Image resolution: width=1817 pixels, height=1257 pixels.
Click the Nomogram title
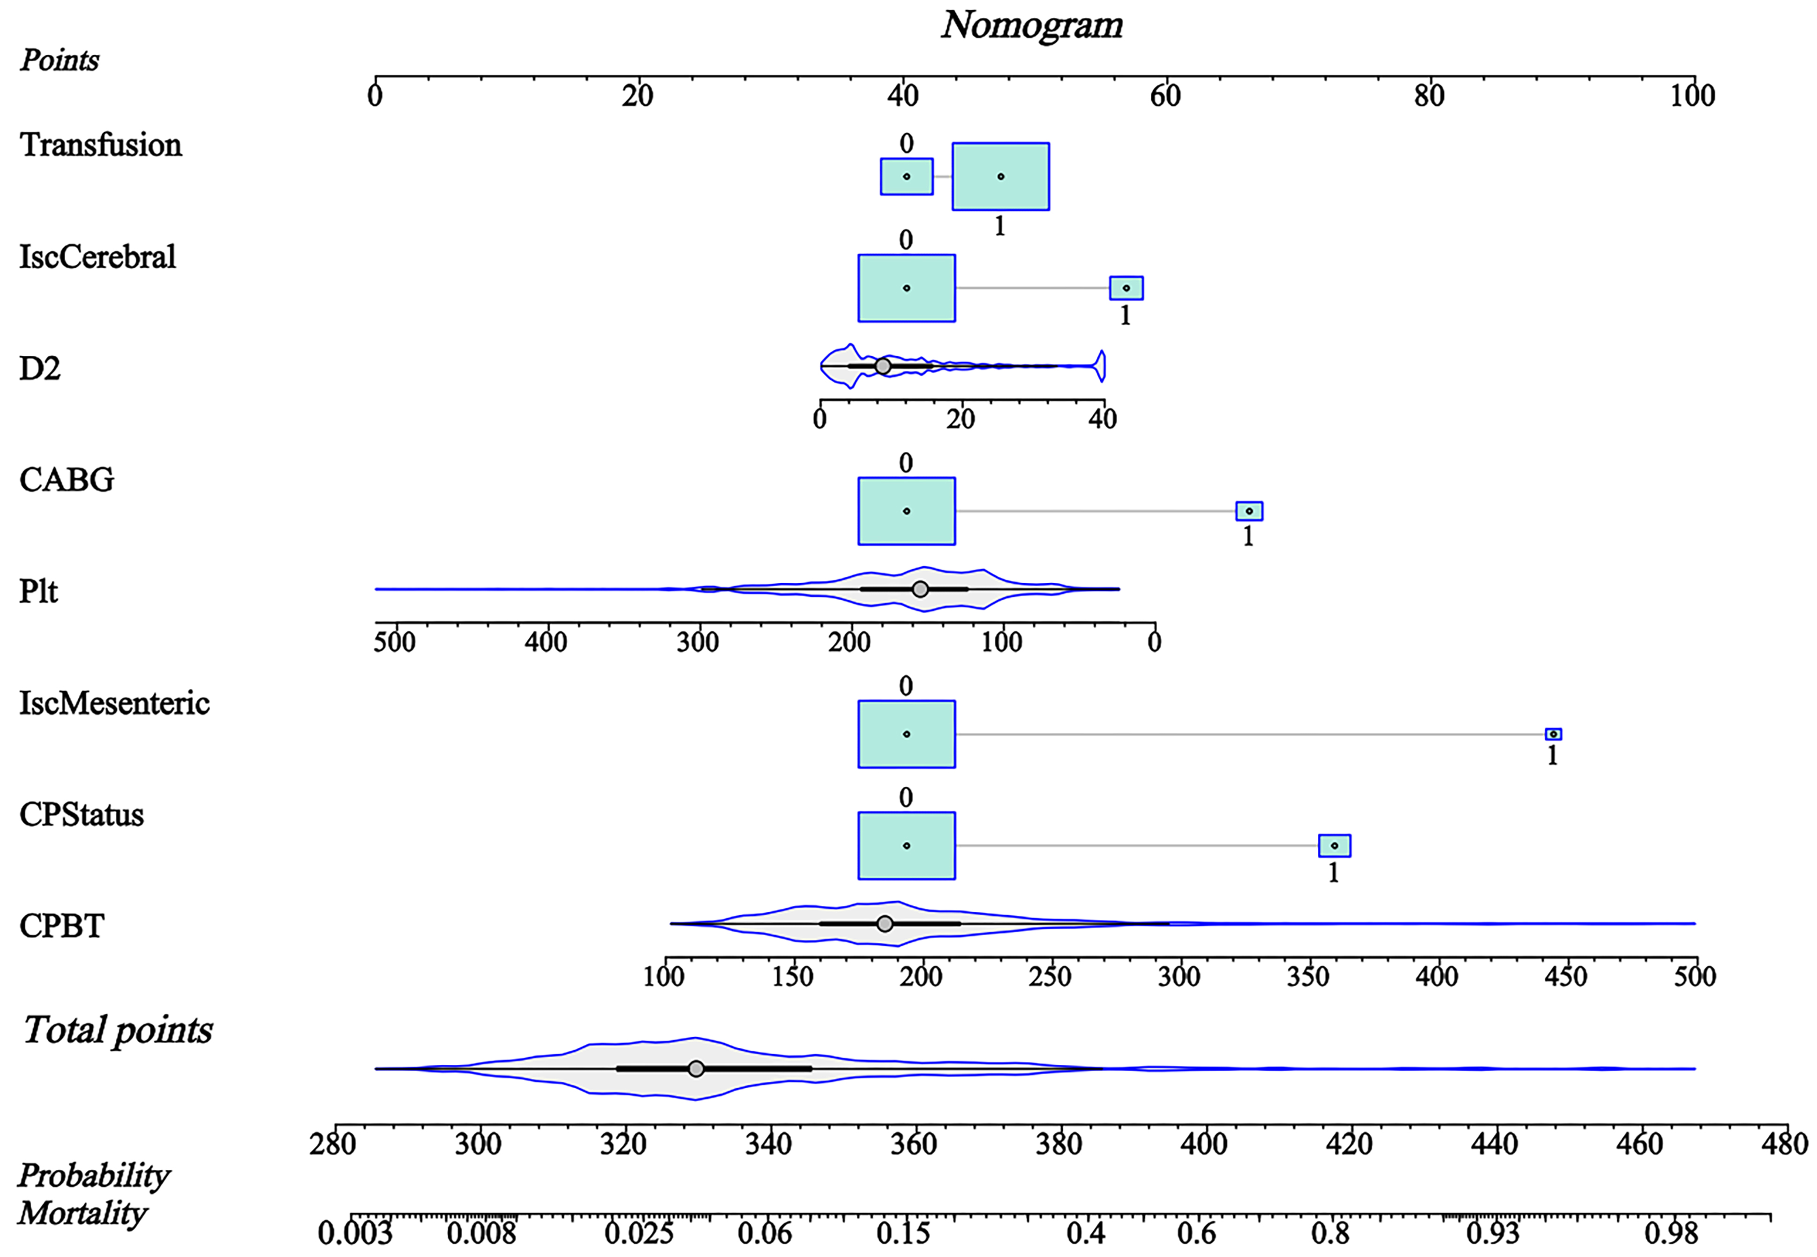(x=1032, y=25)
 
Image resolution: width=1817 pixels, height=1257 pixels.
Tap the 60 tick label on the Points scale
(x=1165, y=96)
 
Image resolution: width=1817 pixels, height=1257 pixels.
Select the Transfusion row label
(x=101, y=145)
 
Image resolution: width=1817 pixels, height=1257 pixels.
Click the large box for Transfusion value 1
(x=1000, y=176)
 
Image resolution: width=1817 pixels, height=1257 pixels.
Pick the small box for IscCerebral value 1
(x=1126, y=288)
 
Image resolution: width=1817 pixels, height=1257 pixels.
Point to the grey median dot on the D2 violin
(x=883, y=366)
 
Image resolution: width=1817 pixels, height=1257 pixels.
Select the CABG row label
(x=67, y=480)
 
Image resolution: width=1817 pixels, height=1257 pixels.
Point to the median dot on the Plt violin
(x=920, y=589)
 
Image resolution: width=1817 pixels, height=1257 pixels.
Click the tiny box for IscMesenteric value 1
(x=1553, y=734)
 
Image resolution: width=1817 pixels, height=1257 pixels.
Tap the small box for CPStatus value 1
(x=1335, y=846)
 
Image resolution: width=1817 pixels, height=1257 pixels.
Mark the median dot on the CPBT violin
(x=885, y=924)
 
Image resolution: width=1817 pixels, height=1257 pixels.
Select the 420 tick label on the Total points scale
(x=1349, y=1144)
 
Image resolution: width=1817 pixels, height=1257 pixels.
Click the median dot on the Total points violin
(x=696, y=1069)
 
